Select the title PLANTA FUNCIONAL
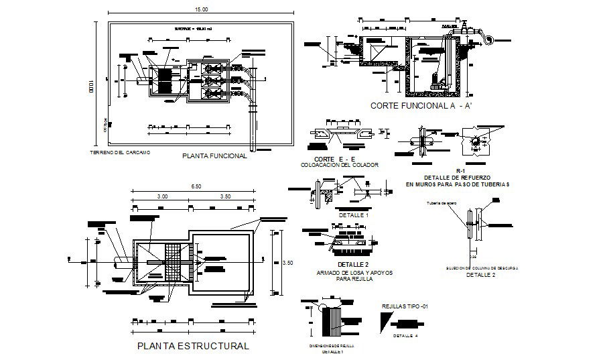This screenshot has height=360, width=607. pyautogui.click(x=214, y=156)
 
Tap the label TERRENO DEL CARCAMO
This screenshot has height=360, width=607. pyautogui.click(x=120, y=153)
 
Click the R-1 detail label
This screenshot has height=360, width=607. pyautogui.click(x=460, y=170)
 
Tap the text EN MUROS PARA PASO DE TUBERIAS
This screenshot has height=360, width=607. pyautogui.click(x=458, y=184)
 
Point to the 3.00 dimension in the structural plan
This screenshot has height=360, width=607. pyautogui.click(x=162, y=196)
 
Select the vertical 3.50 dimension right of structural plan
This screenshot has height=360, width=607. pyautogui.click(x=289, y=263)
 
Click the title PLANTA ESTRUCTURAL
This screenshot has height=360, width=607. pyautogui.click(x=193, y=347)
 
